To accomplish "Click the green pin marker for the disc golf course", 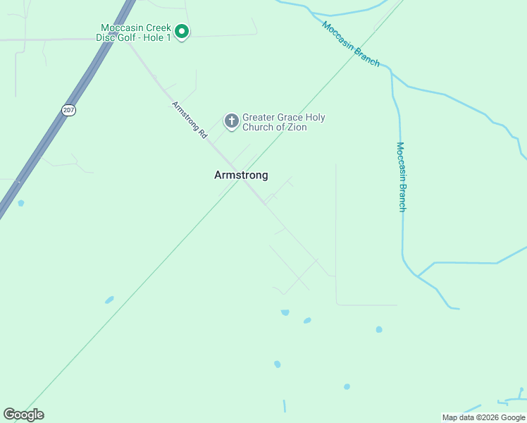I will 181,31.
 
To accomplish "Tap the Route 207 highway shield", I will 68,111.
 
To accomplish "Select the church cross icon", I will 231,121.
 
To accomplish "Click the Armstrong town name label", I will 241,176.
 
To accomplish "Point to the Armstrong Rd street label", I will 190,119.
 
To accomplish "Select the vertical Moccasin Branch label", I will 400,176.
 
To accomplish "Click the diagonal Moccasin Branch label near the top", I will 351,44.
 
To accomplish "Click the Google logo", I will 23,415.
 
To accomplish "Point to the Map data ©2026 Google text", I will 483,417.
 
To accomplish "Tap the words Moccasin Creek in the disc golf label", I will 135,28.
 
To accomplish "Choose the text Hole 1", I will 158,37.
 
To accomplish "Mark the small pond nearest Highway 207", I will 21,203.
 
